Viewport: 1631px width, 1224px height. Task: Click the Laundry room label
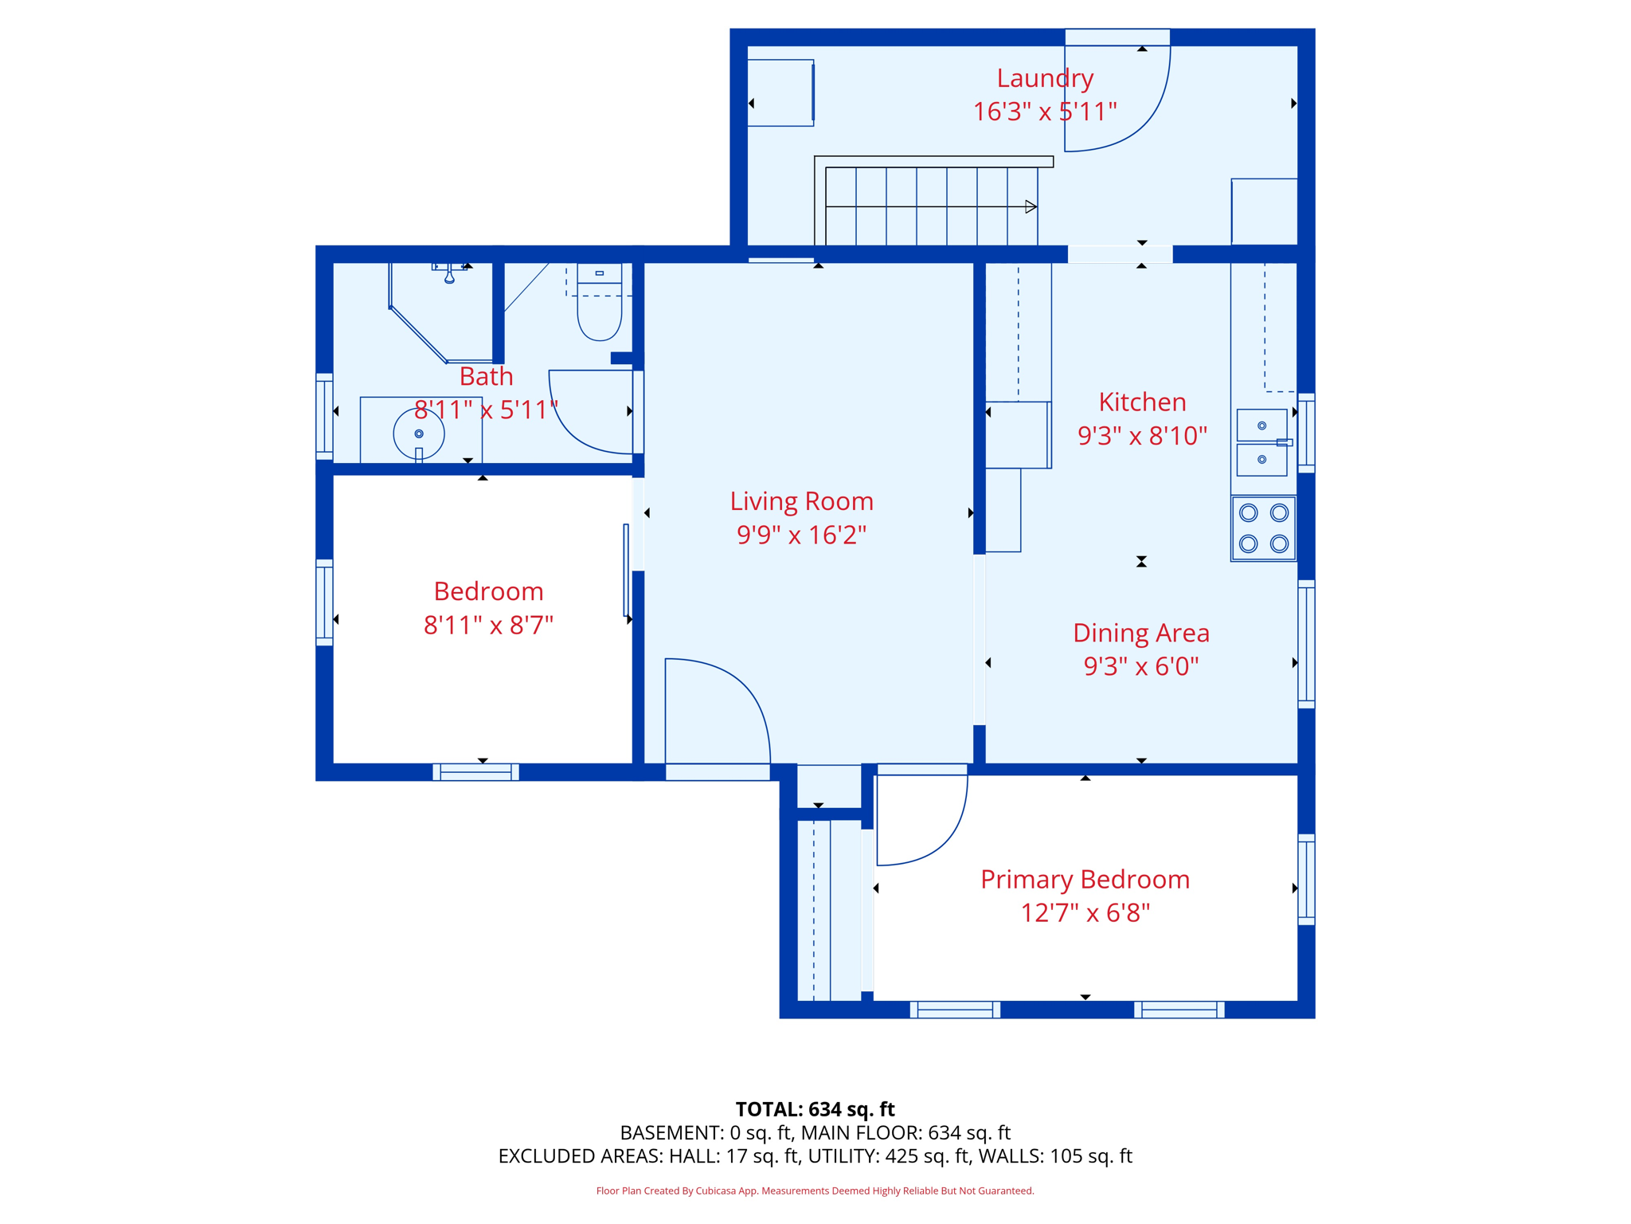pyautogui.click(x=1045, y=79)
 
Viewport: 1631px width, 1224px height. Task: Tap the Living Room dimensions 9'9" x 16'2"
pyautogui.click(x=801, y=535)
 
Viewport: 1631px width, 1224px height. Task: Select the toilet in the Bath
pyautogui.click(x=599, y=302)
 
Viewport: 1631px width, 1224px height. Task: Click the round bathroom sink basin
pyautogui.click(x=419, y=433)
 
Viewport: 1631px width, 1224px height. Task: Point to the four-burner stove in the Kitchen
pyautogui.click(x=1263, y=528)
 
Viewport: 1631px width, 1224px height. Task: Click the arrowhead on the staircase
pyautogui.click(x=1031, y=207)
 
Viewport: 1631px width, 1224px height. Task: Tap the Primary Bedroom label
pyautogui.click(x=1085, y=880)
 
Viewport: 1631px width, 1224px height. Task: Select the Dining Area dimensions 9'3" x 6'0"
pyautogui.click(x=1140, y=666)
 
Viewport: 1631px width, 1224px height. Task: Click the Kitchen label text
pyautogui.click(x=1142, y=402)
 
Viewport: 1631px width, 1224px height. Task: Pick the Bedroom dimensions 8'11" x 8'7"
pyautogui.click(x=488, y=626)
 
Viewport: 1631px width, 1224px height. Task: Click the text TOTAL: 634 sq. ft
pyautogui.click(x=815, y=1109)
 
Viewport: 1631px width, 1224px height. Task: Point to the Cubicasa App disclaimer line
pyautogui.click(x=815, y=1191)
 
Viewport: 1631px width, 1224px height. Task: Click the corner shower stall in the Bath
pyautogui.click(x=441, y=312)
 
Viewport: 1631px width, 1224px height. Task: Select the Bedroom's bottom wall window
pyautogui.click(x=476, y=771)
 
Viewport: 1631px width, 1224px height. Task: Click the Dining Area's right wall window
pyautogui.click(x=1306, y=644)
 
